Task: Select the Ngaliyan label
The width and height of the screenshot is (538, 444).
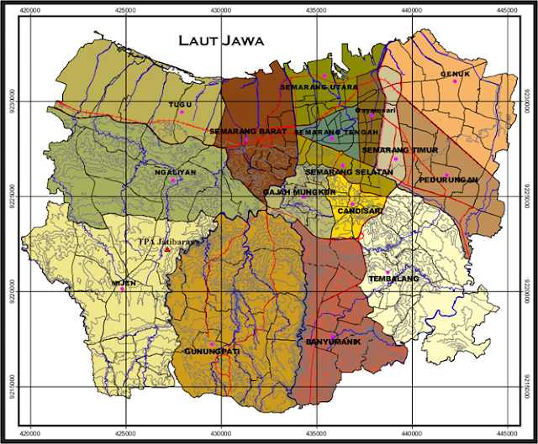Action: (x=169, y=170)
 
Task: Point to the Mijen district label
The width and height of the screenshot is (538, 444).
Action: (x=123, y=283)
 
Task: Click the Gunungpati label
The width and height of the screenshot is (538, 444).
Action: (x=207, y=351)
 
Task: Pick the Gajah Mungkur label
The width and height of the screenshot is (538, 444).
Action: (x=299, y=191)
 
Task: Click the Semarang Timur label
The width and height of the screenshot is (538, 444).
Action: (x=389, y=150)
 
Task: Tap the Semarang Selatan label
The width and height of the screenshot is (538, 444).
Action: (x=349, y=172)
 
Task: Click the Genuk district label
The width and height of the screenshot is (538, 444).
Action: (x=455, y=74)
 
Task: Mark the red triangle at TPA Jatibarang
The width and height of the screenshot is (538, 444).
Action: (x=167, y=250)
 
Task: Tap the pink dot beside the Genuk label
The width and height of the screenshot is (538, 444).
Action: (x=454, y=82)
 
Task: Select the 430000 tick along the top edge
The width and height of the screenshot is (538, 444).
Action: (x=220, y=9)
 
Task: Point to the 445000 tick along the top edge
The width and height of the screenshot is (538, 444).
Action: (x=506, y=9)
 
